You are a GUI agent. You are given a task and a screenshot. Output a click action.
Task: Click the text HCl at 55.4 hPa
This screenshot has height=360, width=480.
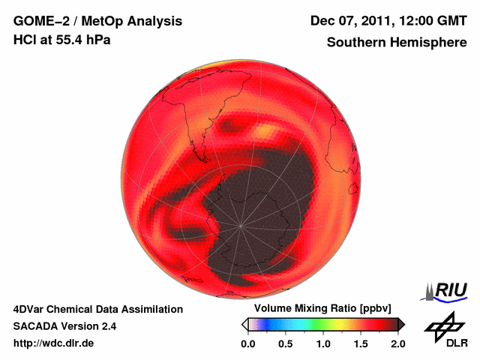pos(62,40)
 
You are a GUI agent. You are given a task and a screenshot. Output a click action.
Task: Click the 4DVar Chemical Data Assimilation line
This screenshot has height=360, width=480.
pos(98,309)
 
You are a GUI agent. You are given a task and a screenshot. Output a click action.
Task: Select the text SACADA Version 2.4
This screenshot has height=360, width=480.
pos(64,326)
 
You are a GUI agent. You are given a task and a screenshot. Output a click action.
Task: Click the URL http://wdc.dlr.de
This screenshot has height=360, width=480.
pos(54,343)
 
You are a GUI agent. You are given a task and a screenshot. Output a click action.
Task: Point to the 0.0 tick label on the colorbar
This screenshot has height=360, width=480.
pos(247,343)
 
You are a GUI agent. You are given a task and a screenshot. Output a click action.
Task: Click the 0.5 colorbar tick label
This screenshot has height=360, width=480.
pos(285,343)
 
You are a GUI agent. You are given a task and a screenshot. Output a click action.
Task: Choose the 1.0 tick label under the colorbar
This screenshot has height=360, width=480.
pos(323,343)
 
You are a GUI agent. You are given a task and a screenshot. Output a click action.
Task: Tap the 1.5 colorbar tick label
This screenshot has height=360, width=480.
pos(361,343)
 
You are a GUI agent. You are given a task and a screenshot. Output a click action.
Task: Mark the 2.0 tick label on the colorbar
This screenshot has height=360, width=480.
pos(397,343)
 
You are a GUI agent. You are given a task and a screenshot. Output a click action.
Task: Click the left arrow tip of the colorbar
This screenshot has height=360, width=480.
pos(244,324)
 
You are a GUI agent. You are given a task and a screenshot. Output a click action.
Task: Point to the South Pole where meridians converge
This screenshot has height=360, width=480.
pos(240,225)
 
